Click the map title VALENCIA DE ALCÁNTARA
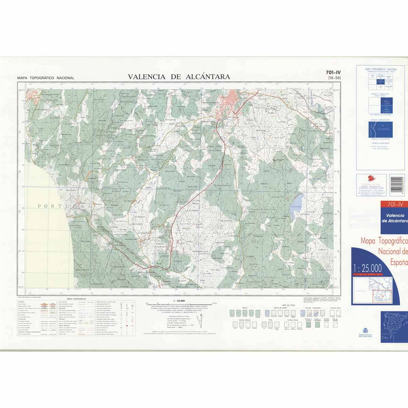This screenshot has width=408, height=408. click(179, 77)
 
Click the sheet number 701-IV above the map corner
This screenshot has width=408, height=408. click(333, 72)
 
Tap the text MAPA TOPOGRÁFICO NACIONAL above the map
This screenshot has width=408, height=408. click(46, 78)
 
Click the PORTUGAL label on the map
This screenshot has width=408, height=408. click(65, 206)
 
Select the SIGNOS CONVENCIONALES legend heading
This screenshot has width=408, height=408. click(76, 299)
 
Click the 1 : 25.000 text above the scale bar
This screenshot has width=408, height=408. click(178, 301)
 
